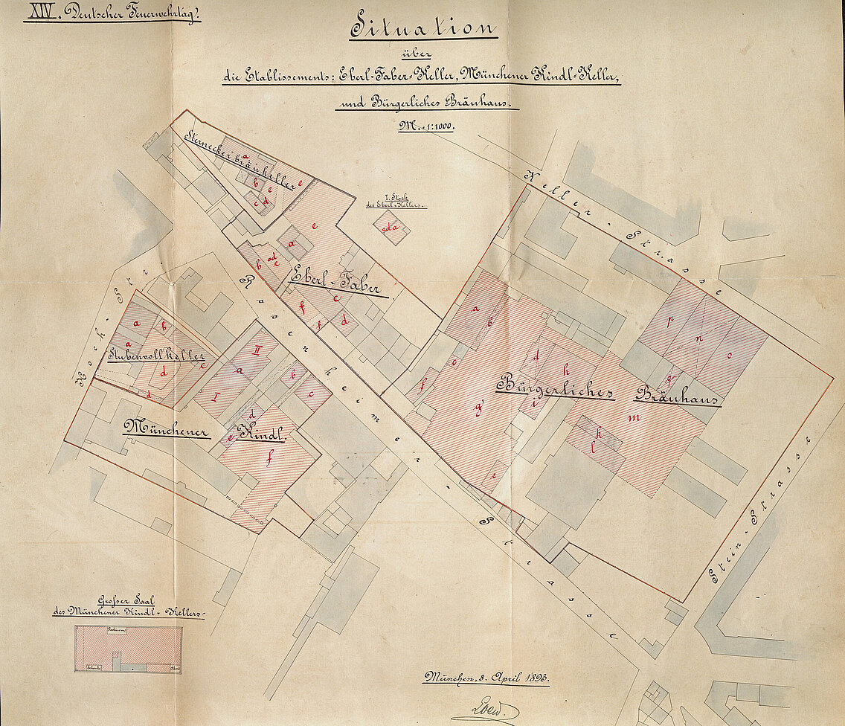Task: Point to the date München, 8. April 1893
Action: (486, 678)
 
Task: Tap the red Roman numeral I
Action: (215, 395)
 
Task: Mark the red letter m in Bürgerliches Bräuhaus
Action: (634, 417)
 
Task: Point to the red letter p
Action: (670, 322)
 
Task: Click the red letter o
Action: (729, 355)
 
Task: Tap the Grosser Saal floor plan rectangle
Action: (128, 649)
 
